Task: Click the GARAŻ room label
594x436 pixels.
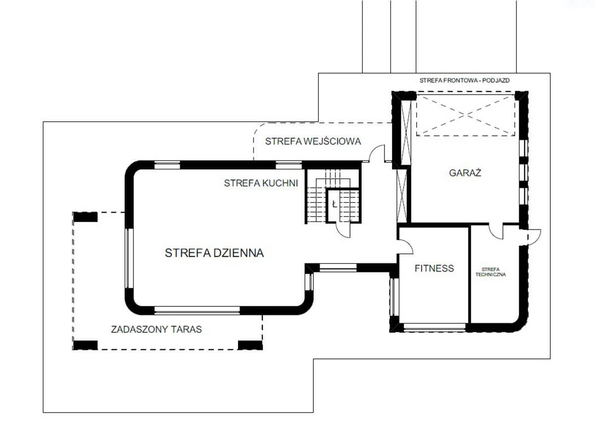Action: [x=465, y=173]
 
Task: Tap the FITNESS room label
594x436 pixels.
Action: [x=434, y=268]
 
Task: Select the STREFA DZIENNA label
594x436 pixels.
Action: [x=214, y=253]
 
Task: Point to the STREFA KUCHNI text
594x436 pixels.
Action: [x=261, y=183]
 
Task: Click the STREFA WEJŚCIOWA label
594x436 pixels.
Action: [x=313, y=141]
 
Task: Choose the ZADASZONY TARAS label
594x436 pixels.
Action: [x=156, y=329]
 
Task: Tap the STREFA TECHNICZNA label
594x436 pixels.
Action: [x=491, y=272]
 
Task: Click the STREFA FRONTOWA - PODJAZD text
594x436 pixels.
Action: [x=464, y=80]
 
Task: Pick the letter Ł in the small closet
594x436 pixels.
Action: [x=335, y=204]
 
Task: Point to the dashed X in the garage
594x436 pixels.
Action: [x=466, y=115]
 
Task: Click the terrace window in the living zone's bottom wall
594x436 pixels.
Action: [x=197, y=310]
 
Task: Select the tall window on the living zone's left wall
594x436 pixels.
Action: [x=129, y=258]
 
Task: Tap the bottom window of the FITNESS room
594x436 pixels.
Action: [x=435, y=327]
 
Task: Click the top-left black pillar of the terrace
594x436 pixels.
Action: [x=85, y=217]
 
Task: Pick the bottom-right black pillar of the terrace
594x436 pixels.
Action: [x=250, y=345]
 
